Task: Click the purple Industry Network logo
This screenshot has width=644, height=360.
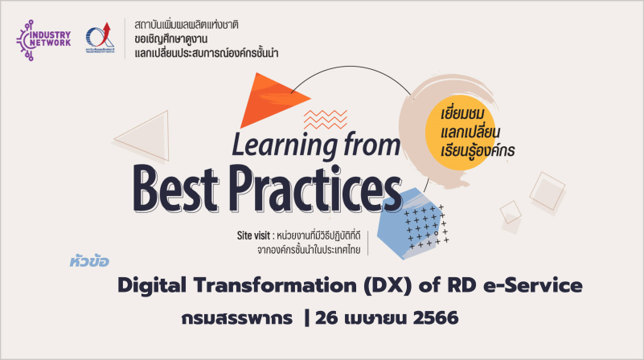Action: [x=43, y=40]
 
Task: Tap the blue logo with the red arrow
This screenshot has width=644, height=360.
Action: [x=100, y=38]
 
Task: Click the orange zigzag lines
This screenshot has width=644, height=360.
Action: [x=326, y=119]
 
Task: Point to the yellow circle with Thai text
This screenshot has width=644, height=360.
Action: [x=460, y=132]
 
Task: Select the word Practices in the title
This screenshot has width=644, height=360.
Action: [x=315, y=188]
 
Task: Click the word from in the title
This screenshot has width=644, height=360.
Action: [x=371, y=144]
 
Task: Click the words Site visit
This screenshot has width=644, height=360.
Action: [x=253, y=235]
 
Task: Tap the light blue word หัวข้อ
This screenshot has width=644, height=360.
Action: [x=89, y=261]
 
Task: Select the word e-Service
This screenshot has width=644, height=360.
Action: [x=533, y=285]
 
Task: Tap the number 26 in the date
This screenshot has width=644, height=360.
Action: [x=327, y=318]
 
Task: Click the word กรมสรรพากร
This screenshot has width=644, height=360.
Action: [x=237, y=318]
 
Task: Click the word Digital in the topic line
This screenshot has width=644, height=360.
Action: [x=152, y=285]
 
